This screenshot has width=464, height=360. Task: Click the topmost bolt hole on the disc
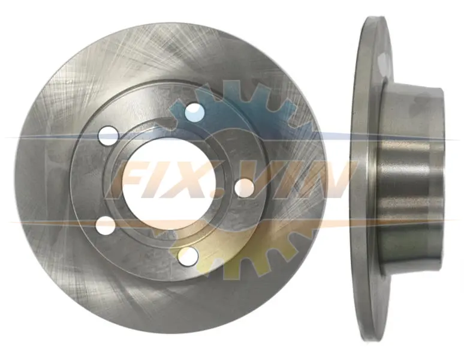tap(194, 113)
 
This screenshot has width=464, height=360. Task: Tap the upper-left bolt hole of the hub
tap(109, 136)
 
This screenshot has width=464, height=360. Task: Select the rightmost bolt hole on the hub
tap(245, 188)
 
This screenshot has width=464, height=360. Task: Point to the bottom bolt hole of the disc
tap(188, 256)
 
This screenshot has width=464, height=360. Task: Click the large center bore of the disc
tap(168, 184)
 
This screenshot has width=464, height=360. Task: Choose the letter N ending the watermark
tap(329, 179)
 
